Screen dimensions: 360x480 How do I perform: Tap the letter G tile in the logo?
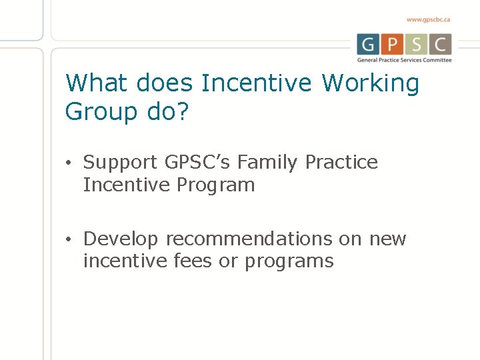(x=368, y=45)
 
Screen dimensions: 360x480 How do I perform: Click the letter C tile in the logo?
(x=440, y=45)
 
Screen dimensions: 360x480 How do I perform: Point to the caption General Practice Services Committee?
(x=404, y=60)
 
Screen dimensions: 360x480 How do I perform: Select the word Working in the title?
(x=371, y=83)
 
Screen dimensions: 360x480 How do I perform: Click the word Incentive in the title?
(x=257, y=83)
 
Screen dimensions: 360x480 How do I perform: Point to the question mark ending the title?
(x=182, y=111)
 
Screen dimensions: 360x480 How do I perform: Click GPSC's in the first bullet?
(x=198, y=163)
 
